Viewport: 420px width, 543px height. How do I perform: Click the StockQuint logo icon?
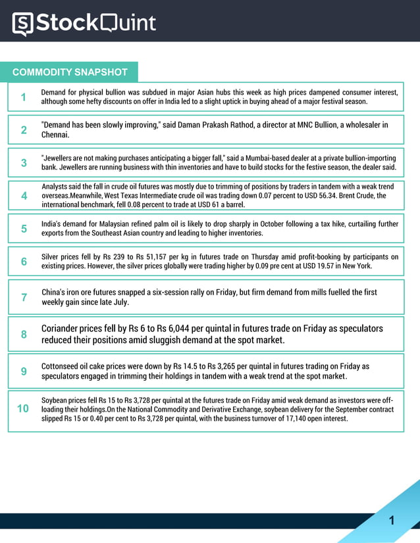(22, 24)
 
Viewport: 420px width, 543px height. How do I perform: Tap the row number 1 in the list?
(24, 97)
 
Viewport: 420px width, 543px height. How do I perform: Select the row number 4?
(24, 195)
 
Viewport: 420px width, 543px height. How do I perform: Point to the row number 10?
(23, 408)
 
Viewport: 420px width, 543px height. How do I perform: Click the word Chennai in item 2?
(55, 135)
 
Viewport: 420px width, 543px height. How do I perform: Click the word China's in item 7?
(55, 292)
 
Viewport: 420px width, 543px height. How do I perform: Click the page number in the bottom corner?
(392, 521)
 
